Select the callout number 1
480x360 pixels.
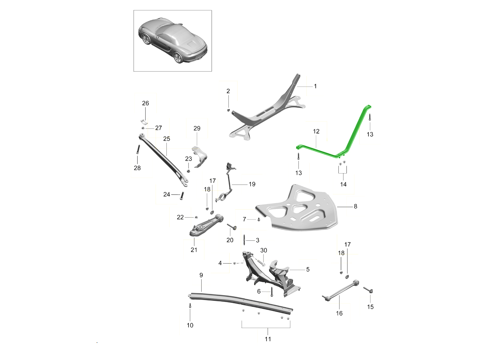tap(315, 86)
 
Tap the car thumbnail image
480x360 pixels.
tap(172, 41)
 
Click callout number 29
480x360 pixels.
tap(197, 128)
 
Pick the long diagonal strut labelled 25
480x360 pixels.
tap(164, 160)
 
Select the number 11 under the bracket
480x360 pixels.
tap(268, 339)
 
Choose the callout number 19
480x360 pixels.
tap(252, 184)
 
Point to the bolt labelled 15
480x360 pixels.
tap(368, 290)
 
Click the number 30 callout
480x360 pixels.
tap(264, 250)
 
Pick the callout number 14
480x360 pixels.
tap(343, 185)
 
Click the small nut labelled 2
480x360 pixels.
tap(228, 110)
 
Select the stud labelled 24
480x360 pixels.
tap(182, 195)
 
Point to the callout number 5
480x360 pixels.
tap(308, 270)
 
